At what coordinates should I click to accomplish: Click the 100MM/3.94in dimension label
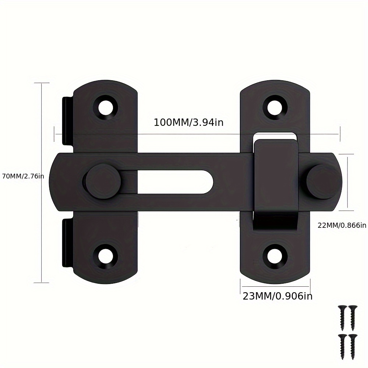point(188,123)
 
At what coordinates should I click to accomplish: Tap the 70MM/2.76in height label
point(23,176)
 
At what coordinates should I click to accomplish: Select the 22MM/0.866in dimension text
point(342,225)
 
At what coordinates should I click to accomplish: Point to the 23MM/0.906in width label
point(277,296)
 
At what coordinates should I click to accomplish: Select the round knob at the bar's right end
point(321,181)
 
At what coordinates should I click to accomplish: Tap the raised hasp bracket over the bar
point(275,177)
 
